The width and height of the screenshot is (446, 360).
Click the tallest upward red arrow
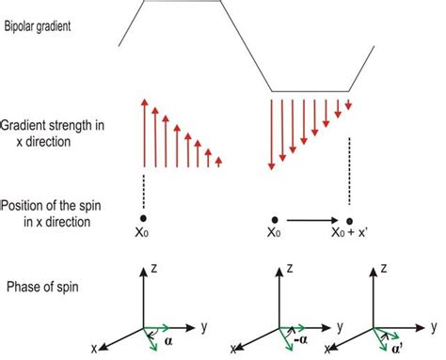pos(143,131)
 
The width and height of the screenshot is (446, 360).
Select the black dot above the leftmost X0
pos(143,220)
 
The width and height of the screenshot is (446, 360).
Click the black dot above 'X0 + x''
pos(349,220)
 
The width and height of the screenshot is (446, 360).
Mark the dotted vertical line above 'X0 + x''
pos(349,169)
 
